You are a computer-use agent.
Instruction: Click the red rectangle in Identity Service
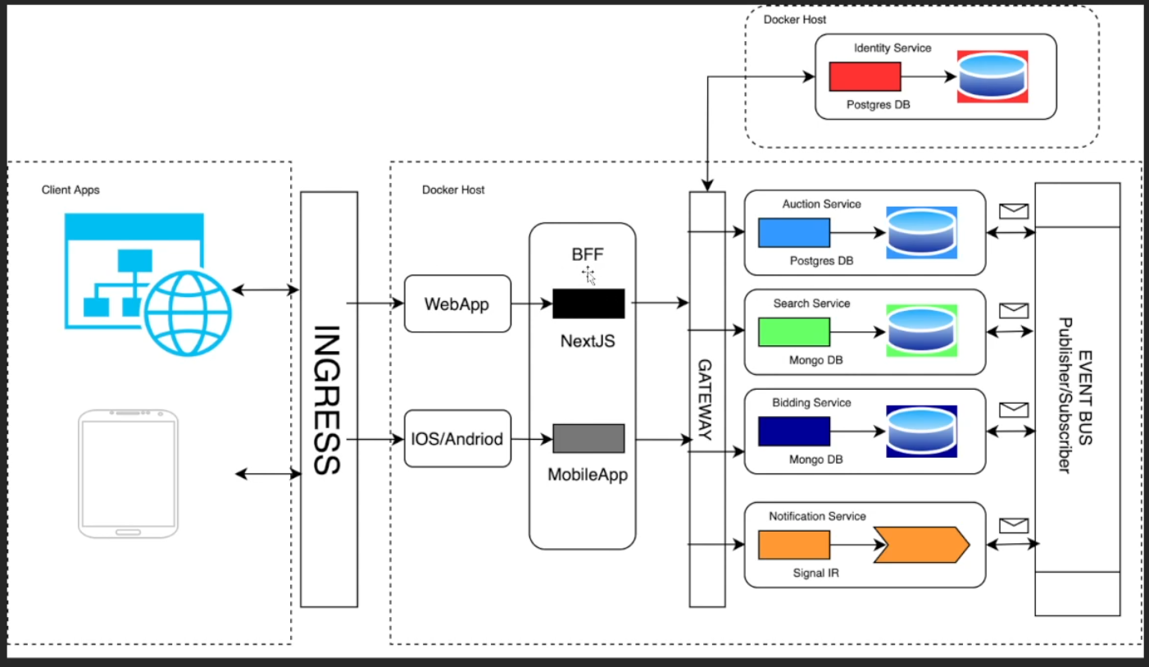coord(865,76)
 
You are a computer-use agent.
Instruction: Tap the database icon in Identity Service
coord(992,76)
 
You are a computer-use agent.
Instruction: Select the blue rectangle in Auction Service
coord(794,233)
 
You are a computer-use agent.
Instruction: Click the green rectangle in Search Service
coord(794,331)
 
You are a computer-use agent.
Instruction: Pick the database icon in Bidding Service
coord(922,432)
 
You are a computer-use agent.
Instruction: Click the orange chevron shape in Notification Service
coord(922,544)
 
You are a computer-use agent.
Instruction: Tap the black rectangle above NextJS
coord(589,304)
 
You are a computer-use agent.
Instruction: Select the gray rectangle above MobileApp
coord(589,438)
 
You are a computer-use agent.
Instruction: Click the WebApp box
coord(457,304)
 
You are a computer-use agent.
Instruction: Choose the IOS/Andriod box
coord(457,438)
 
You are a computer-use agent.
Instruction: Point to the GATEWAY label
coord(706,400)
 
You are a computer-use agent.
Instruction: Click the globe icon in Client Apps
coord(188,313)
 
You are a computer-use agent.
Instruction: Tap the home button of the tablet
coord(128,532)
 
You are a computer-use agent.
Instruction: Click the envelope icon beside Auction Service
coord(1014,211)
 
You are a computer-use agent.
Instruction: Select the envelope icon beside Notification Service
coord(1014,525)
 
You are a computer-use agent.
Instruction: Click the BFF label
coord(588,254)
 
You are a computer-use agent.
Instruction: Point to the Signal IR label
coord(816,573)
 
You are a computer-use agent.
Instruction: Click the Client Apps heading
coord(70,190)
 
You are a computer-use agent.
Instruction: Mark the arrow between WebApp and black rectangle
coord(532,304)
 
